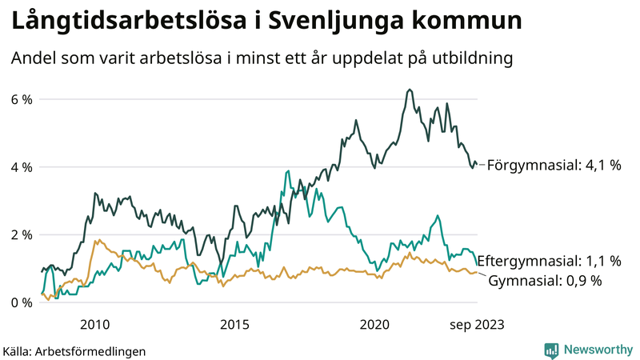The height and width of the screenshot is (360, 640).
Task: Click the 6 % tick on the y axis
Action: [21, 99]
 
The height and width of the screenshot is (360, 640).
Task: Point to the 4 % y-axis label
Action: [21, 167]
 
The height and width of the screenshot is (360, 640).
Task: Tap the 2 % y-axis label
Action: [21, 235]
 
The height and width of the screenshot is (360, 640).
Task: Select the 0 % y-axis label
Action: [21, 302]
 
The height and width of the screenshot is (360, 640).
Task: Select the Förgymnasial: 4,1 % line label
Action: [554, 166]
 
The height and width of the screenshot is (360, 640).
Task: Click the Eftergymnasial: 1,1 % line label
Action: [554, 261]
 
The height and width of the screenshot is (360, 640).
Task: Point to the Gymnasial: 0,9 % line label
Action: [544, 281]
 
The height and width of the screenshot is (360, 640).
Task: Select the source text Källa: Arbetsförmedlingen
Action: [74, 350]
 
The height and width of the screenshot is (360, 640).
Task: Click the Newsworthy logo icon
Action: [551, 350]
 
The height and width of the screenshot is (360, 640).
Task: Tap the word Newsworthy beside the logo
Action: [597, 350]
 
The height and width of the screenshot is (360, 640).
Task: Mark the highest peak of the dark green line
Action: [410, 90]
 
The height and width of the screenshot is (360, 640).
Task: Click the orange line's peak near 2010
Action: [97, 239]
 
